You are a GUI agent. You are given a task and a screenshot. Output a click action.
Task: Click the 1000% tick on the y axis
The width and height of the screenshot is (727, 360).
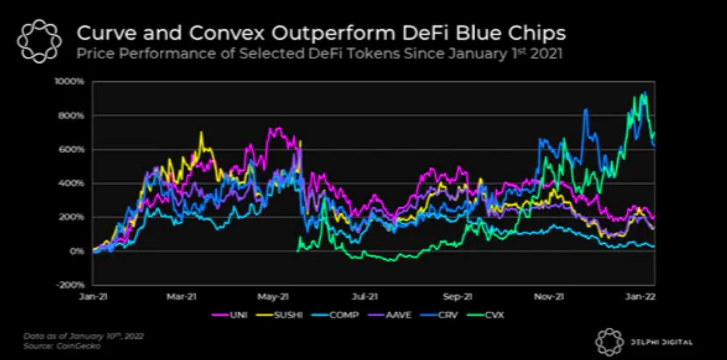[70, 82]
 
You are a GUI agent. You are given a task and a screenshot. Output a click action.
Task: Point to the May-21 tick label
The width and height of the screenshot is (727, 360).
[273, 296]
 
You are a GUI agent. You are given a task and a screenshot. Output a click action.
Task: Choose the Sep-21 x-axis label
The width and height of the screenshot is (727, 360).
[457, 296]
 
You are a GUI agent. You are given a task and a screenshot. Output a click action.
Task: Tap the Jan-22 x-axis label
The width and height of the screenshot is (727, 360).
[640, 296]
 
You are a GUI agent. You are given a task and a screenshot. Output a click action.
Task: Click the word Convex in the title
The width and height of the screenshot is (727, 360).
[227, 33]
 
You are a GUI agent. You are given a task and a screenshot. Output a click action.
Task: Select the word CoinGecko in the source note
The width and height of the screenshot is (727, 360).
[78, 346]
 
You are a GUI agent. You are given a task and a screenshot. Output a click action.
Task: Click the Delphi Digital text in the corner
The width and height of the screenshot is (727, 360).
[661, 342]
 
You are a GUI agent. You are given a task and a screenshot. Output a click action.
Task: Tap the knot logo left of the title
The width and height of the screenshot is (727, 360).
[39, 41]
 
